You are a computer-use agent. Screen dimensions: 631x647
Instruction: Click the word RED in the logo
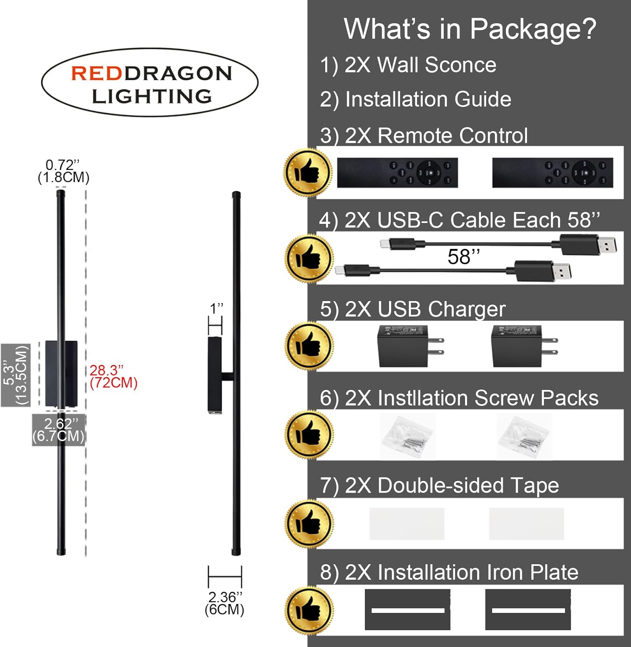pos(97,73)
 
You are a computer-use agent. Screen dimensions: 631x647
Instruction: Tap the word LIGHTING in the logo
pos(152,96)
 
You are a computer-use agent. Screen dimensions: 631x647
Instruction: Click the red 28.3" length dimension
pos(113,377)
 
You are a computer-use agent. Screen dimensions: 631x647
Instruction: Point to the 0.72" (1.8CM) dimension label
pos(63,171)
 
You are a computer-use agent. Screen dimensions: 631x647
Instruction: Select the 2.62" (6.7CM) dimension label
pos(59,430)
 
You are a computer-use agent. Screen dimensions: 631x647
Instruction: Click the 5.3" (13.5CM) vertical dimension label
pos(16,375)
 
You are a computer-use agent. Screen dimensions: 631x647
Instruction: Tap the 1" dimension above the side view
pos(216,309)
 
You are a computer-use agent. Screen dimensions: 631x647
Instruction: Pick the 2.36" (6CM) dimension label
pos(225,603)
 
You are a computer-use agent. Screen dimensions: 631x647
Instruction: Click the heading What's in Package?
pos(470,29)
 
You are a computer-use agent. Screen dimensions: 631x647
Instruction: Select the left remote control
pos(397,173)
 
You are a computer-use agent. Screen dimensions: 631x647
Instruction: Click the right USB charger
pos(524,346)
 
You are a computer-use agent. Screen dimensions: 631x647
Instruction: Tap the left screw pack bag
pos(408,437)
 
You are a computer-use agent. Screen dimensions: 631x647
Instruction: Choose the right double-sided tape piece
pos(526,524)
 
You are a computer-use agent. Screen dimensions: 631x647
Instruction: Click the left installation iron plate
pos(408,610)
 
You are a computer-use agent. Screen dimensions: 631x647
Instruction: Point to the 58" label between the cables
pos(464,257)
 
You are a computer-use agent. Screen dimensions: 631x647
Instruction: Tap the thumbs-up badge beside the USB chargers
pos(309,346)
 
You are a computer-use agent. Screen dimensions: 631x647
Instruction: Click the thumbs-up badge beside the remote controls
pos(308,173)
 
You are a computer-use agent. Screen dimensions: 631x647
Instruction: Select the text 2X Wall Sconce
pos(421,65)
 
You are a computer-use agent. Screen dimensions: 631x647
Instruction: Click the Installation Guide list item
pos(428,99)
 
